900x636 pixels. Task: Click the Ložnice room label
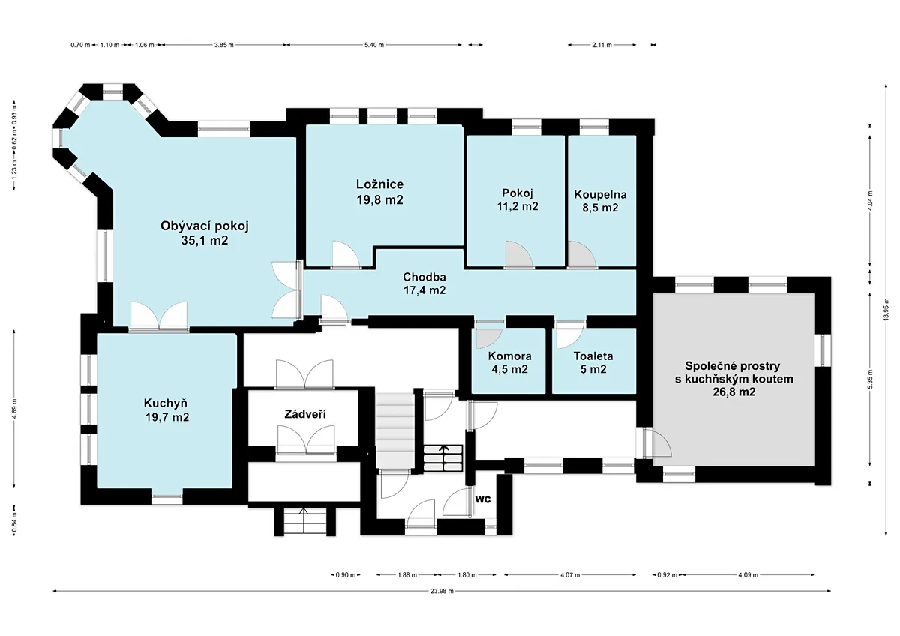point(379,192)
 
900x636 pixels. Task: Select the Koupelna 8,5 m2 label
point(600,201)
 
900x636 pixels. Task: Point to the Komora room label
point(509,362)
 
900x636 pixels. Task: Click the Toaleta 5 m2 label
point(593,362)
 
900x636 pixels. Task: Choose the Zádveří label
point(305,414)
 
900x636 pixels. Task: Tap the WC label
point(483,499)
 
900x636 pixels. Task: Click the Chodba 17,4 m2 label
point(424,283)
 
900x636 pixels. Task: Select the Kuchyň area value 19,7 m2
point(167,417)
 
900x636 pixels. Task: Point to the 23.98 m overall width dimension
point(442,591)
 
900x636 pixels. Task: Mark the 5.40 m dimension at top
point(374,45)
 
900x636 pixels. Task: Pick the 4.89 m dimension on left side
point(14,409)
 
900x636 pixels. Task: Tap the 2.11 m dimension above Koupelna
point(601,45)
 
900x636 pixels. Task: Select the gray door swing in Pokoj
point(519,255)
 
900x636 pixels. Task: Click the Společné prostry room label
point(733,366)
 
